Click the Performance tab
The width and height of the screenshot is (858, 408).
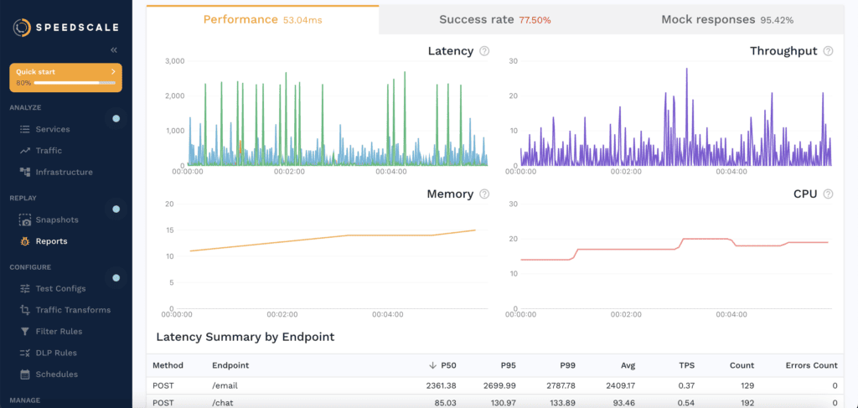[262, 19]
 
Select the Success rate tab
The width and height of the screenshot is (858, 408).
[494, 19]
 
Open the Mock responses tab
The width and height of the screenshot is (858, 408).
[726, 19]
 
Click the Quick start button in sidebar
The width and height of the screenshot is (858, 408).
[65, 77]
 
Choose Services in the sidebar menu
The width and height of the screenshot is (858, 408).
[52, 129]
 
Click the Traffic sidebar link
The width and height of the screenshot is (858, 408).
[48, 151]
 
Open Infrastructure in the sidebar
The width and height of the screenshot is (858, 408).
[64, 172]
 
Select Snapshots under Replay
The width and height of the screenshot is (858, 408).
[56, 219]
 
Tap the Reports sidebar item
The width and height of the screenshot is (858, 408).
[51, 241]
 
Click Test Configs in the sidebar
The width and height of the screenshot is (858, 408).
[60, 288]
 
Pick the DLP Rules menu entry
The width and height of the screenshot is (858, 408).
[55, 353]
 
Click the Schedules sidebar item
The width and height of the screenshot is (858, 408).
[56, 374]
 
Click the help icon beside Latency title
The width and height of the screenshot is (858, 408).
[484, 52]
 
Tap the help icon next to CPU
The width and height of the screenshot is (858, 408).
[828, 194]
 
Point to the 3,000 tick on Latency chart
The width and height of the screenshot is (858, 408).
[174, 61]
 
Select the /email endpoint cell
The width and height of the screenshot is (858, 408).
[226, 386]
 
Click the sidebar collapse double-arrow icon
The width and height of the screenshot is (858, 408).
[114, 50]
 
